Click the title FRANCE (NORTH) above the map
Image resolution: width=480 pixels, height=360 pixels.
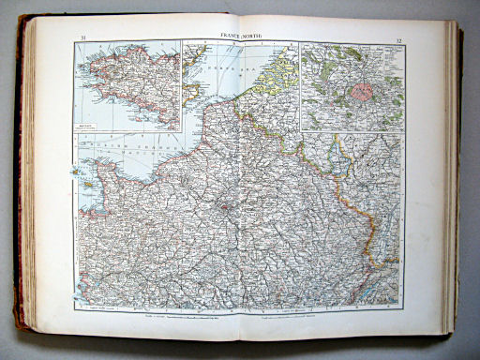tap(240, 36)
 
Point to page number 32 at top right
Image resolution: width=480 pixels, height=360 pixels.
tap(398, 39)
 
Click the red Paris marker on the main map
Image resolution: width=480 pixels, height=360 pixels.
tap(227, 200)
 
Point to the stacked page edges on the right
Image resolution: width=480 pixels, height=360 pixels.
tap(454, 178)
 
